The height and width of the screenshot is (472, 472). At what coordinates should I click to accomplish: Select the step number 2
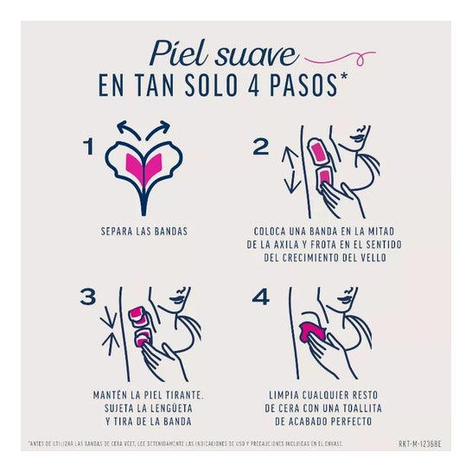click(x=261, y=146)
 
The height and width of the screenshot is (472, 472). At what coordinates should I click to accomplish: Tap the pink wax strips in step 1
click(x=144, y=167)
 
